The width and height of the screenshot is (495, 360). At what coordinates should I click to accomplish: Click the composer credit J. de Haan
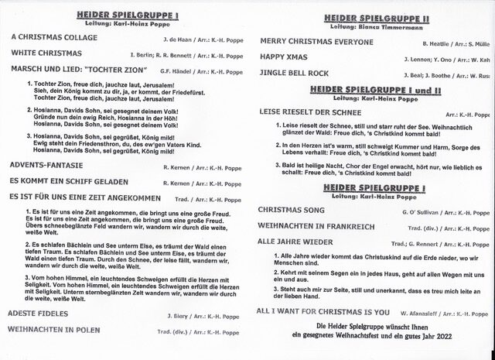178,36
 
